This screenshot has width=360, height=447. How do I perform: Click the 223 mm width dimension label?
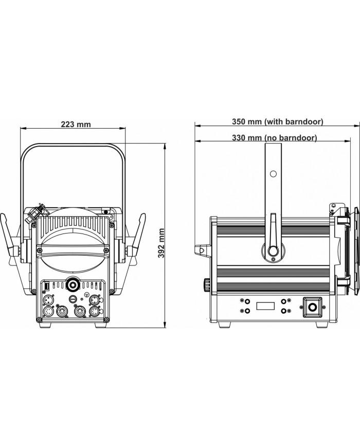point(76,124)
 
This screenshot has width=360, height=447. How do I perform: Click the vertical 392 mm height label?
point(161,243)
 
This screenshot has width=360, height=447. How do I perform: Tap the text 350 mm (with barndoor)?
point(277,122)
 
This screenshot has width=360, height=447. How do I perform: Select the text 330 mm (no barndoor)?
point(274,138)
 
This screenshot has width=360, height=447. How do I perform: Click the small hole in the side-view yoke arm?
point(273,174)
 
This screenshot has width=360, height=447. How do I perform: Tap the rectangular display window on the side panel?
point(265,306)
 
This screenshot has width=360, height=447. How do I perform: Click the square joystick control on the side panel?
point(312,307)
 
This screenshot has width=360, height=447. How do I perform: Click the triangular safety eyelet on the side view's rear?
point(203,250)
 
